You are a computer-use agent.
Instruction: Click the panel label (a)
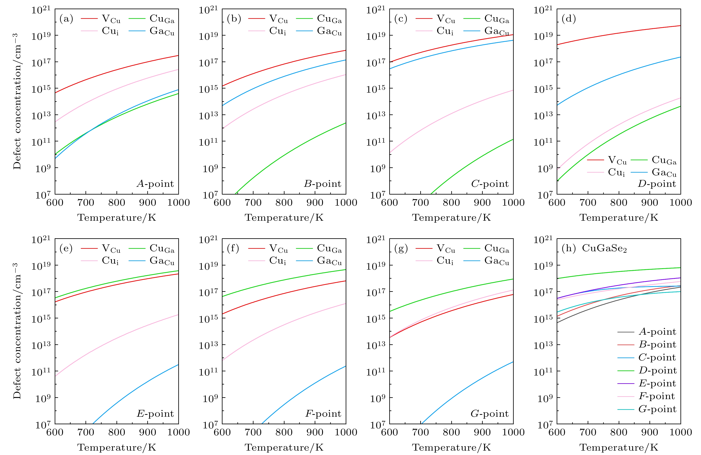66,19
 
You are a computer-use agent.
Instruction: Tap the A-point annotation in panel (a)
155,184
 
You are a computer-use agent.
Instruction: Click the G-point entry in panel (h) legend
657,409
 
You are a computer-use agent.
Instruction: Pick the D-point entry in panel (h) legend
657,370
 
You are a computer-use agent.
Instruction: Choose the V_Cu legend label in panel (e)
111,249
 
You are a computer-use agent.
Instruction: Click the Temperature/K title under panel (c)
451,218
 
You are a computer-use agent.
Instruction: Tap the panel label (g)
401,249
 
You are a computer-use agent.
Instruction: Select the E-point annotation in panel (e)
155,414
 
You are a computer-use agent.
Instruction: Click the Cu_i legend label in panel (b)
277,31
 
